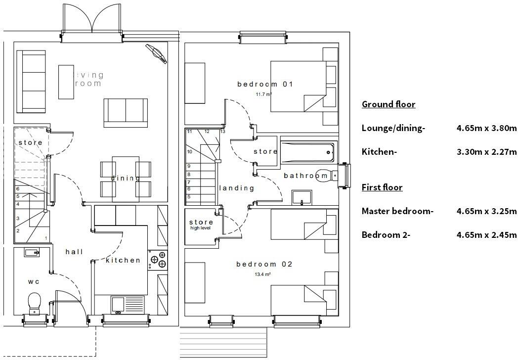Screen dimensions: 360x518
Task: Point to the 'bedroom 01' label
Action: coord(265,84)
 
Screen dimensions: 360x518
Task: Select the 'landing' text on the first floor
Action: coord(236,188)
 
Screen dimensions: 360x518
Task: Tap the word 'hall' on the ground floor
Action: coord(74,252)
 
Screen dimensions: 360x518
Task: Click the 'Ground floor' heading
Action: coord(388,104)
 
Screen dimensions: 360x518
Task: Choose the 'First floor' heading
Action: coord(382,187)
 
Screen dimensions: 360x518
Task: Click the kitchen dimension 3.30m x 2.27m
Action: coord(486,152)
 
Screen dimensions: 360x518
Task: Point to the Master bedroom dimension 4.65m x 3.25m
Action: coord(486,211)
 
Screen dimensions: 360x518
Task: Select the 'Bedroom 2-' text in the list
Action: coord(386,235)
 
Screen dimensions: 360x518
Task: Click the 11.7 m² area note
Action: coord(264,94)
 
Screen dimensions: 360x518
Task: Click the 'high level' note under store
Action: coord(201,228)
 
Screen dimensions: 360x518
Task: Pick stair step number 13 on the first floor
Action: coord(222,132)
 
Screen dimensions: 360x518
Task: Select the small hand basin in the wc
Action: coord(32,252)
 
